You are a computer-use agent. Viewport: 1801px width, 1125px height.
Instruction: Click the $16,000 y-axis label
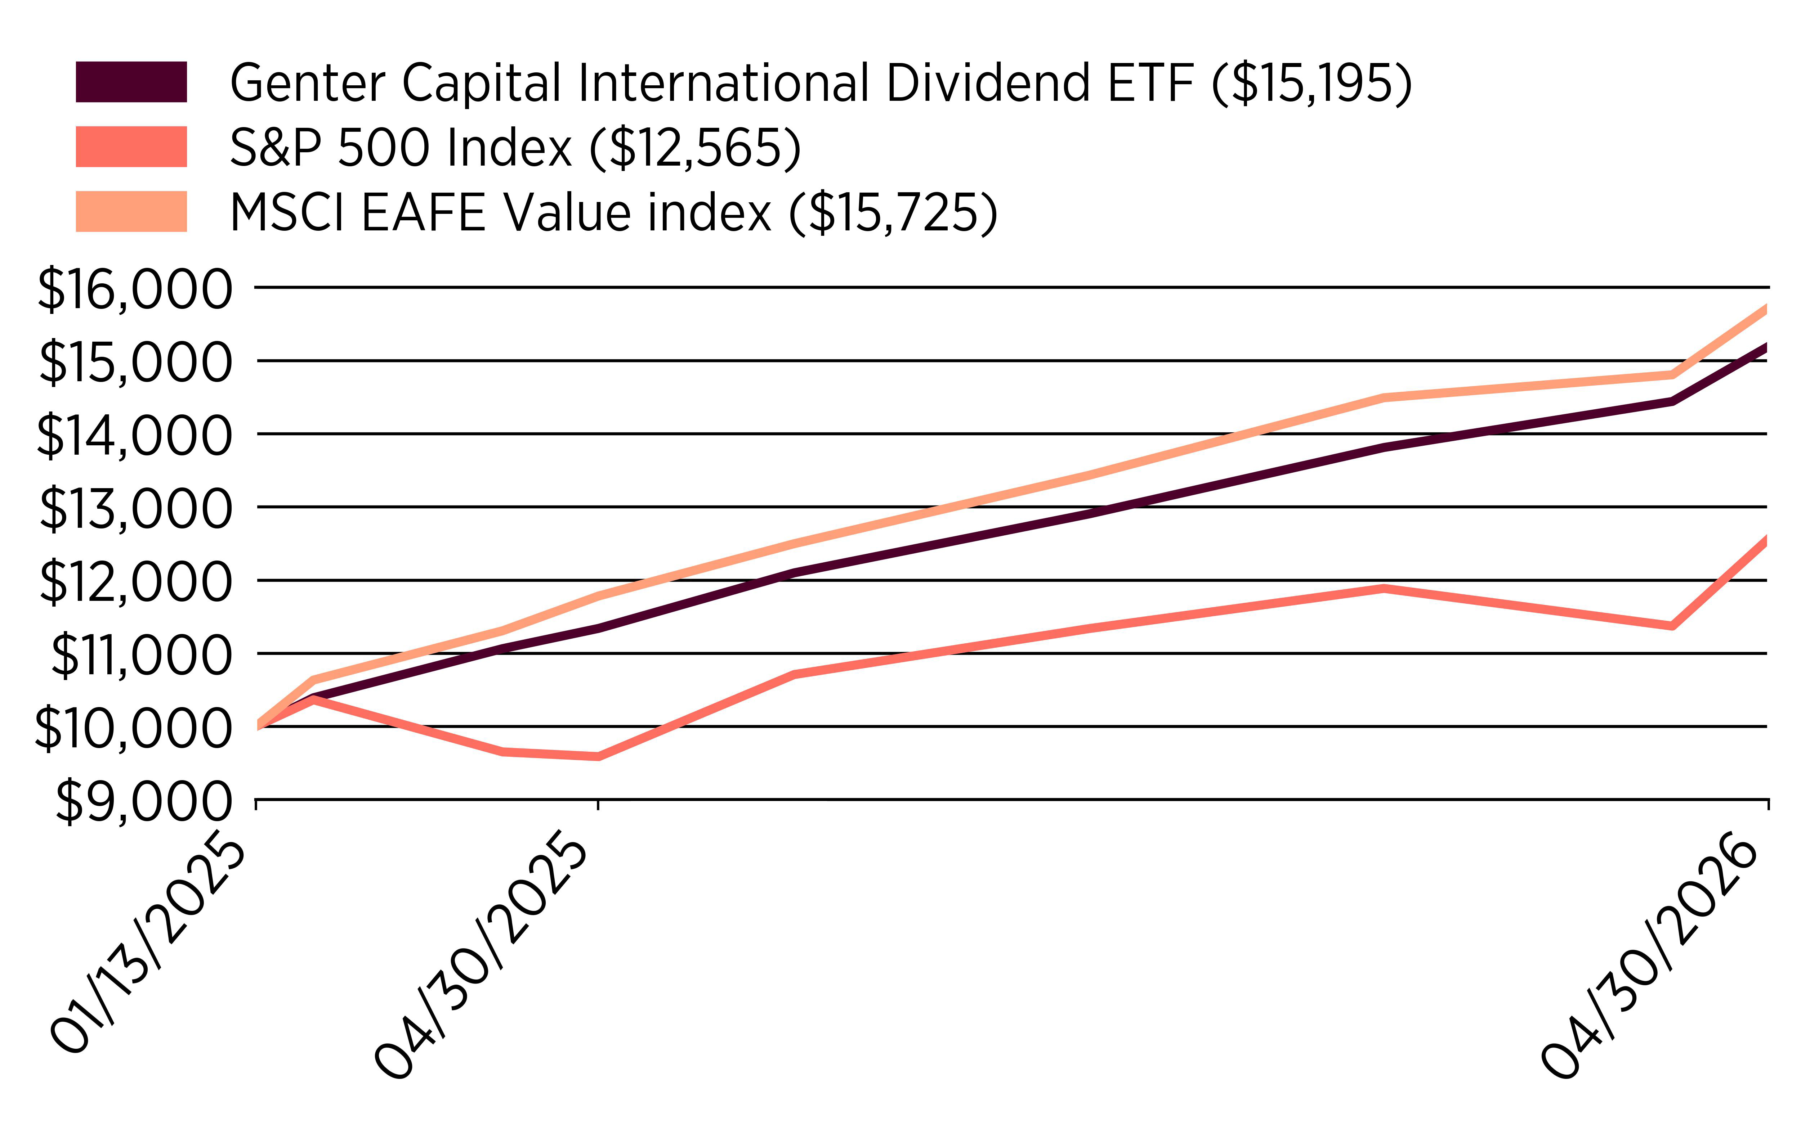134,289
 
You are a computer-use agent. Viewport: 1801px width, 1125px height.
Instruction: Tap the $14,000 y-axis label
134,435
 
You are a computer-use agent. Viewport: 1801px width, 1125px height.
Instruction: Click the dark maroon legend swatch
131,82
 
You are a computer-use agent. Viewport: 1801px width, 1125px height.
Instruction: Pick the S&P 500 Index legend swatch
131,147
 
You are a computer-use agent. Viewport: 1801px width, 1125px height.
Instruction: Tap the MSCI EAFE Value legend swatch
131,211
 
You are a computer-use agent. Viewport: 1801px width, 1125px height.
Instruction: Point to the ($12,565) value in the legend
695,147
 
